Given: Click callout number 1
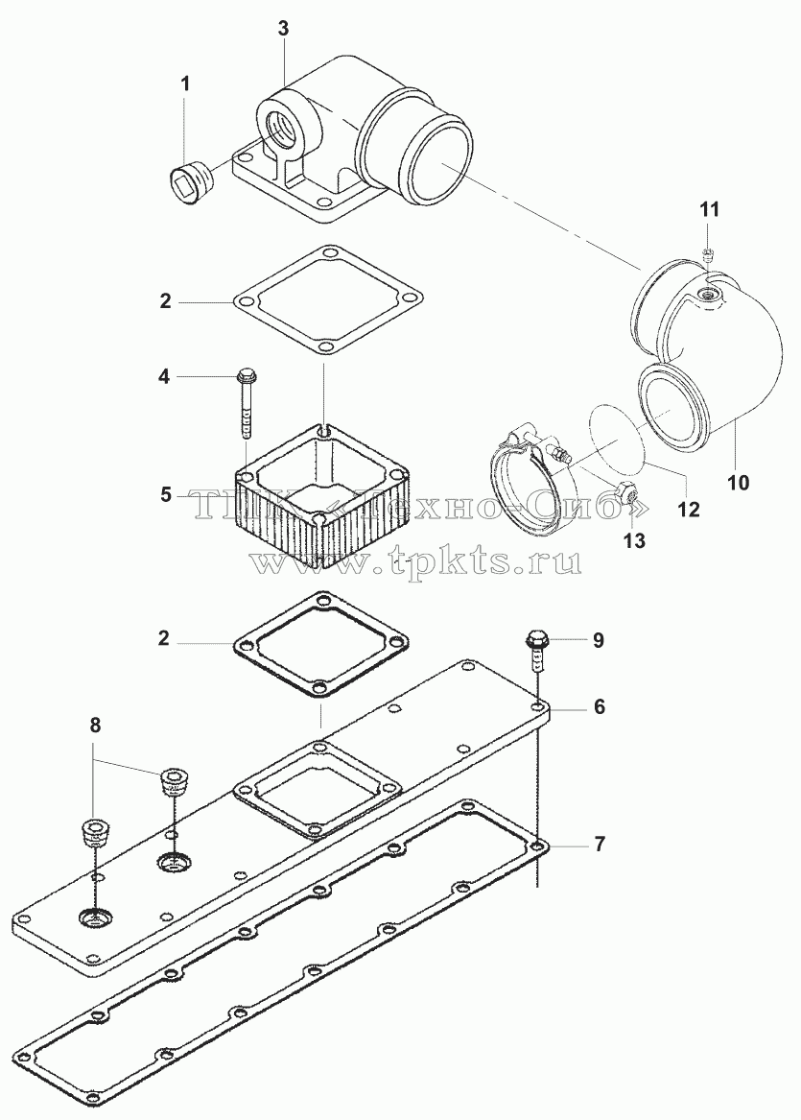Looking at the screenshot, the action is tap(185, 83).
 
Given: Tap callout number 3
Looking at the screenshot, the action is tap(283, 29).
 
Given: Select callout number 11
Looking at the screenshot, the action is tap(710, 209).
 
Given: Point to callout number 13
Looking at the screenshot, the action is tap(634, 540).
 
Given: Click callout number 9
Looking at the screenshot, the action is tap(599, 640).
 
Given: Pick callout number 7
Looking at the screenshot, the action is tap(599, 845).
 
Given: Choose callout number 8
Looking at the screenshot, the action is tap(95, 726).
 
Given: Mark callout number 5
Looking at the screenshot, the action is tap(166, 494).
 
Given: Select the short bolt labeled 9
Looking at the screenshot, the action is tap(536, 650).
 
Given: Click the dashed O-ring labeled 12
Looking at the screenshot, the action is tap(618, 436).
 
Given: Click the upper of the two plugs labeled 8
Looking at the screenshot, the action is tap(172, 780).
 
